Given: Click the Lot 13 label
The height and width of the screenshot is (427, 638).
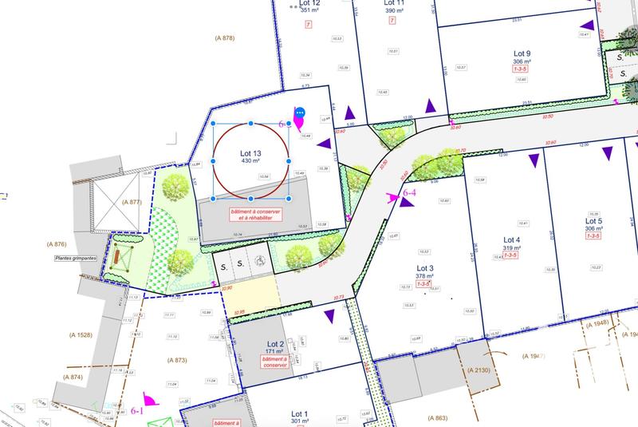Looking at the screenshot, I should click(x=251, y=151).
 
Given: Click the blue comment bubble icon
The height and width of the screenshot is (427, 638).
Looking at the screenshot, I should click(x=301, y=113).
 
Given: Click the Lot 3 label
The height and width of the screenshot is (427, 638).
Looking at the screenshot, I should click(x=425, y=268).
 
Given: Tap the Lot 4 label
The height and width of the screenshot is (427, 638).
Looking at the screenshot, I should click(x=512, y=239).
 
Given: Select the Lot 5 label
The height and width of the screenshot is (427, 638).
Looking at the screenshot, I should click(x=593, y=221).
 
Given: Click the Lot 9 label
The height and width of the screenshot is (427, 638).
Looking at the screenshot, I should click(x=522, y=53).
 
